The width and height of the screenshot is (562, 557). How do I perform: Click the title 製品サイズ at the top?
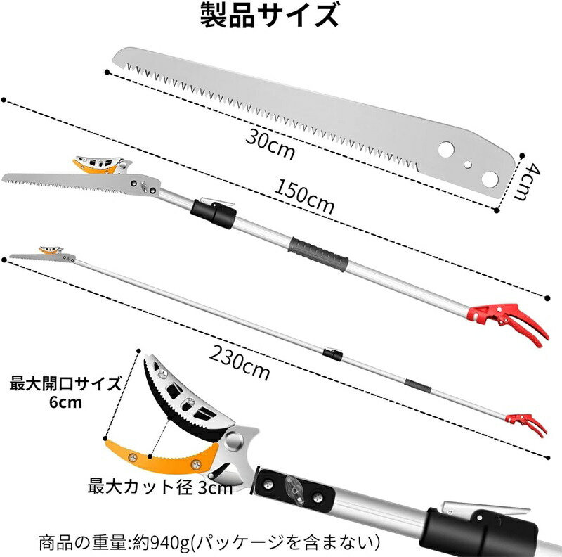click(x=269, y=15)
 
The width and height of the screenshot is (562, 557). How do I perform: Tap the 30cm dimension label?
click(x=270, y=143)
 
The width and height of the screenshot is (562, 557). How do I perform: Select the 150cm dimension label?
click(x=304, y=197)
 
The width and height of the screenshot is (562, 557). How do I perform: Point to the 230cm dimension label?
click(x=239, y=362)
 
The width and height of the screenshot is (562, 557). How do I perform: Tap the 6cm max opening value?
click(x=65, y=402)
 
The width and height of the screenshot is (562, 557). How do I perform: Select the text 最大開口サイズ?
click(x=65, y=384)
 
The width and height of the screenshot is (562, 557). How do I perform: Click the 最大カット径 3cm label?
click(x=160, y=486)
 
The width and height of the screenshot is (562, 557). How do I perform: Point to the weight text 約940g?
click(x=162, y=544)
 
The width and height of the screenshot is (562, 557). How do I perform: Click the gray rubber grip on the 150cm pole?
click(x=318, y=254)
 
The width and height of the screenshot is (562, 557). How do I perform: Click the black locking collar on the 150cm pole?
click(x=213, y=214)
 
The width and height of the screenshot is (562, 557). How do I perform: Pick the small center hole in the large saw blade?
click(x=468, y=165)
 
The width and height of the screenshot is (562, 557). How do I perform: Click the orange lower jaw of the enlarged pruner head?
click(x=162, y=456)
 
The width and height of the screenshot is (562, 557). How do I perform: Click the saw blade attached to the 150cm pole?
click(x=81, y=184)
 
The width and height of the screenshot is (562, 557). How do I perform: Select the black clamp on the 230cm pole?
click(x=332, y=354)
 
